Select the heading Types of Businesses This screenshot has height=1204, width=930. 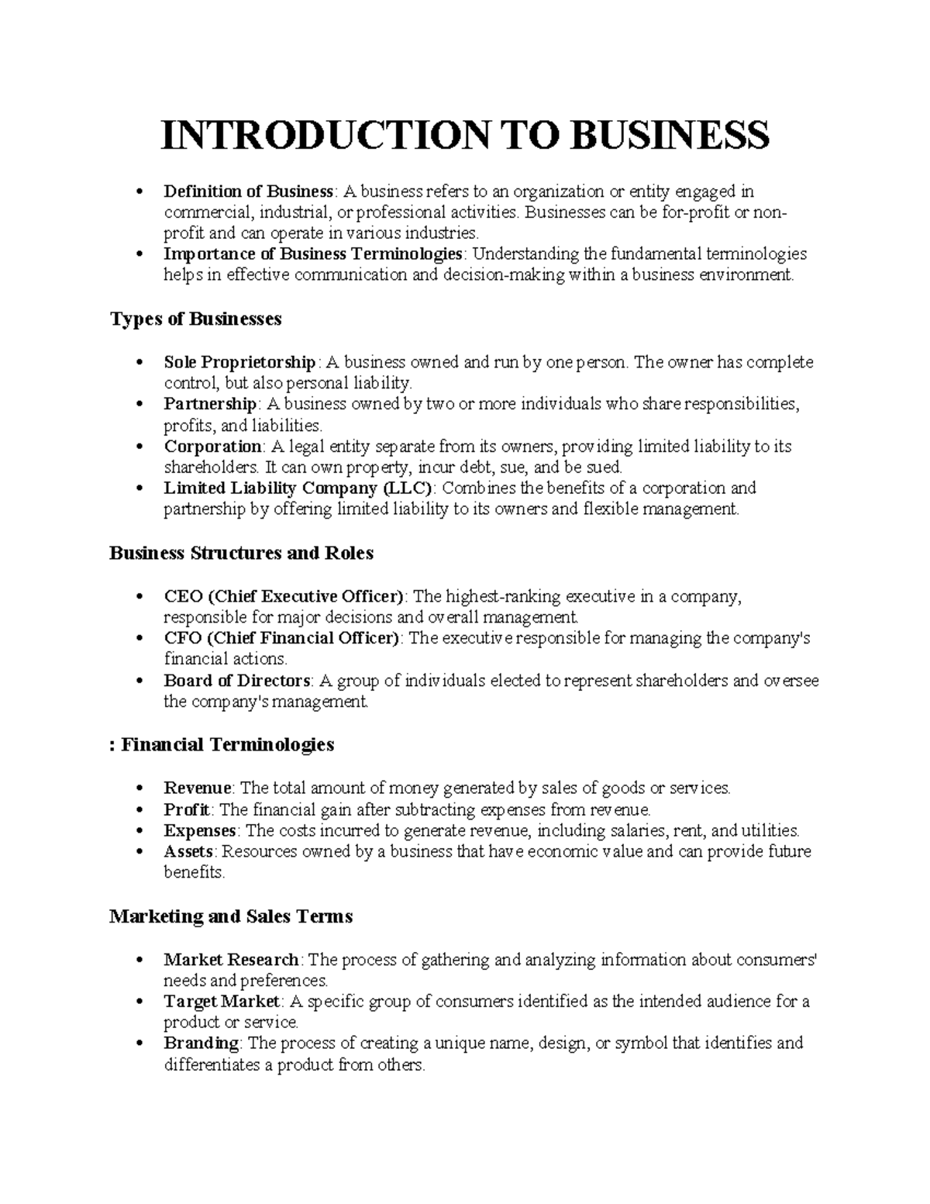[x=195, y=319]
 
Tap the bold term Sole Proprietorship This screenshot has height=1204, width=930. [x=239, y=362]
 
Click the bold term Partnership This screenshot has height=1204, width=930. [x=210, y=404]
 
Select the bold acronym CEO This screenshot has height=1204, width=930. [x=183, y=596]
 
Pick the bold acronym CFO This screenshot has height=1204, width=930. [x=183, y=638]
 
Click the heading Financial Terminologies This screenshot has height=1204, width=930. [x=228, y=745]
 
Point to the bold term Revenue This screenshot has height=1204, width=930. [x=198, y=788]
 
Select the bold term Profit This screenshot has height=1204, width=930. [x=187, y=809]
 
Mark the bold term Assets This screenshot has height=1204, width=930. [x=188, y=851]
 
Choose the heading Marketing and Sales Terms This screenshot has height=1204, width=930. [x=231, y=916]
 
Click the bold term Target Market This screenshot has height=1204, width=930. [x=222, y=1001]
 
